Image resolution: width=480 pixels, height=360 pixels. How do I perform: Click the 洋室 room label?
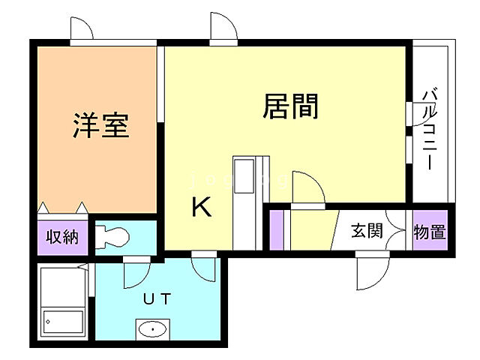[x=102, y=125]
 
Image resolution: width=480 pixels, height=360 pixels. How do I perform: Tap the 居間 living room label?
[x=290, y=106]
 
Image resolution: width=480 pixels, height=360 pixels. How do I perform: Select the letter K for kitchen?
[x=201, y=206]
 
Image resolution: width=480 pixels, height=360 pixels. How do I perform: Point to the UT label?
[x=157, y=298]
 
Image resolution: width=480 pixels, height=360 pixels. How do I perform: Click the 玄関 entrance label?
[x=367, y=231]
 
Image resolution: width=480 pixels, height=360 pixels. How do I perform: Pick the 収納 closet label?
[x=62, y=238]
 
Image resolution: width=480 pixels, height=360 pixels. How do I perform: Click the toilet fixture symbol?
[x=112, y=236]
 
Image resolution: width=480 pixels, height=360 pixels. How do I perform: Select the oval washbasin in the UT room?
[x=154, y=329]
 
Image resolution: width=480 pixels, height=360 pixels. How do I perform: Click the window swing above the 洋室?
[x=81, y=28]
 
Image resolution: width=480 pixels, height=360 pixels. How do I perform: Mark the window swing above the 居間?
[x=223, y=28]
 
